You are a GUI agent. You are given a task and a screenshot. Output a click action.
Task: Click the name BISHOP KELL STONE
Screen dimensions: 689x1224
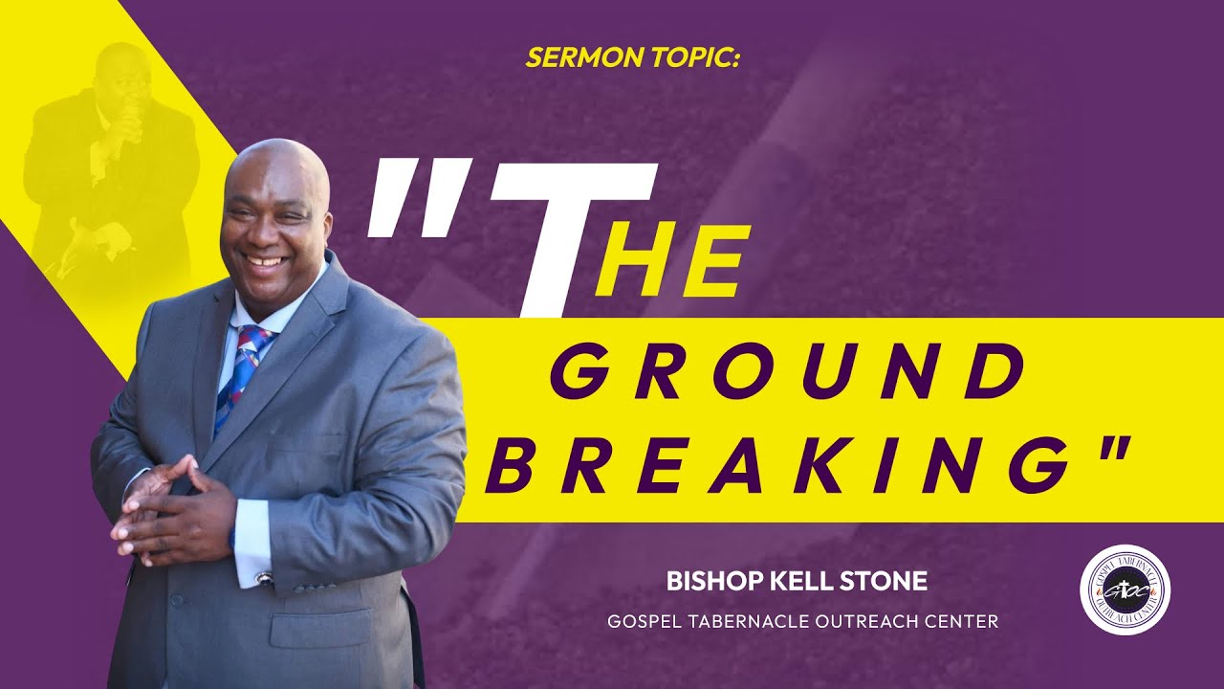(x=797, y=581)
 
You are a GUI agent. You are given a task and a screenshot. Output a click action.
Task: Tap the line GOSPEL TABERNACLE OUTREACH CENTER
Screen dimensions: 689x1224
(x=802, y=622)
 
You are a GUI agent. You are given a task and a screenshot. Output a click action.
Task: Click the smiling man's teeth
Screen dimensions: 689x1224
(x=267, y=260)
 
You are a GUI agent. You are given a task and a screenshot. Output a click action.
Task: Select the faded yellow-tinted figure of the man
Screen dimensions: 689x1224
(x=110, y=163)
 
